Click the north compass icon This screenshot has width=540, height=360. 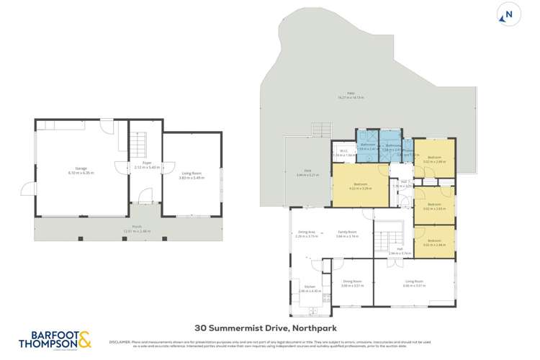(510, 14)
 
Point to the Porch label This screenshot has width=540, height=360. (127, 230)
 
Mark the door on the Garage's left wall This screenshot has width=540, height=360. (27, 189)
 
